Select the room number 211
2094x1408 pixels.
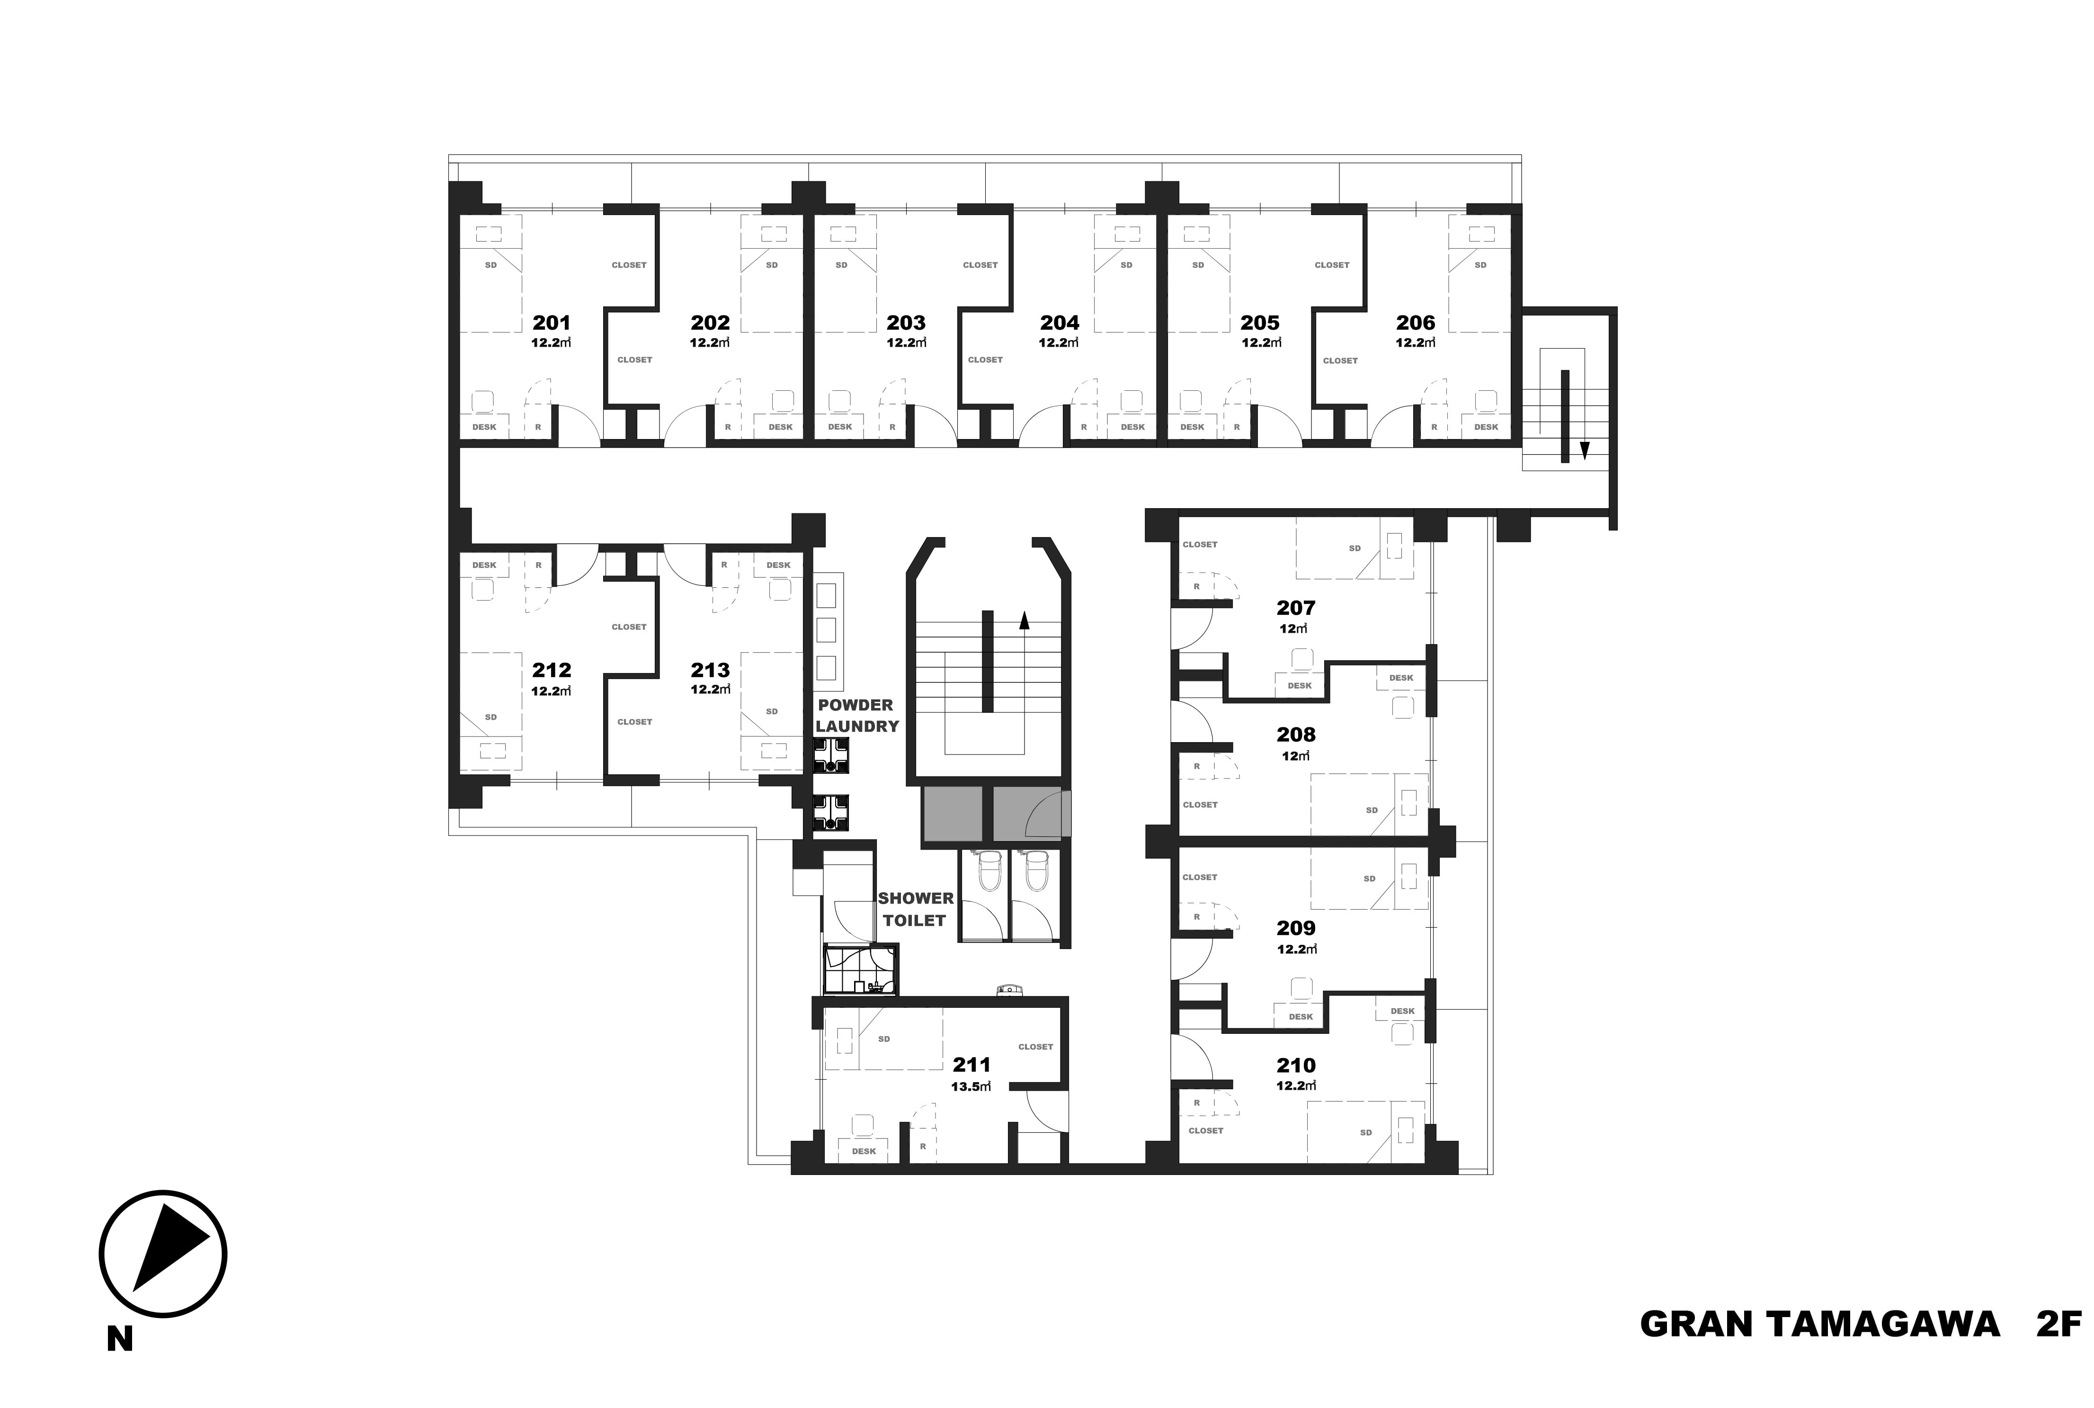pyautogui.click(x=971, y=1065)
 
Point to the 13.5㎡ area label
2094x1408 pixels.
pyautogui.click(x=971, y=1085)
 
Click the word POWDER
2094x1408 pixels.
pyautogui.click(x=855, y=705)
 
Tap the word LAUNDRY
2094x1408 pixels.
pyautogui.click(x=857, y=726)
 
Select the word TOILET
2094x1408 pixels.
pyautogui.click(x=915, y=920)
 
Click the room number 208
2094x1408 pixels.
pyautogui.click(x=1296, y=735)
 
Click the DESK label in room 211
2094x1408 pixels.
pyautogui.click(x=864, y=1151)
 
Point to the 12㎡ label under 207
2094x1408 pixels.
pyautogui.click(x=1293, y=628)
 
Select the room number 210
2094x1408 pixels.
pyautogui.click(x=1296, y=1065)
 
